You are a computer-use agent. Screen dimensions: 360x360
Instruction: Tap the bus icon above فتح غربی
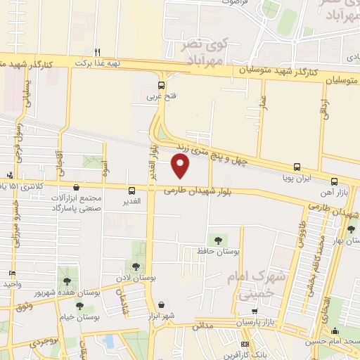coord(162,86)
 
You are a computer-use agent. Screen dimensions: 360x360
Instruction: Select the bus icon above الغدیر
coord(131,191)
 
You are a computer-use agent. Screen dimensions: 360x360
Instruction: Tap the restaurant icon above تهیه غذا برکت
coord(98,52)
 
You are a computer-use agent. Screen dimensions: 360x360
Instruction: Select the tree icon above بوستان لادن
coord(135,266)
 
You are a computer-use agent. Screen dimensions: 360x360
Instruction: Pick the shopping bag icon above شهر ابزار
coord(162,304)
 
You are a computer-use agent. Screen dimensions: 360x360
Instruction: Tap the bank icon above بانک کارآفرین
coord(244,343)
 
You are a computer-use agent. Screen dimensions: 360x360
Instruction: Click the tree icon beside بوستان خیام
coord(79,306)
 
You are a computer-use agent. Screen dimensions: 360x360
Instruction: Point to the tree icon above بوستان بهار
coord(350,229)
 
